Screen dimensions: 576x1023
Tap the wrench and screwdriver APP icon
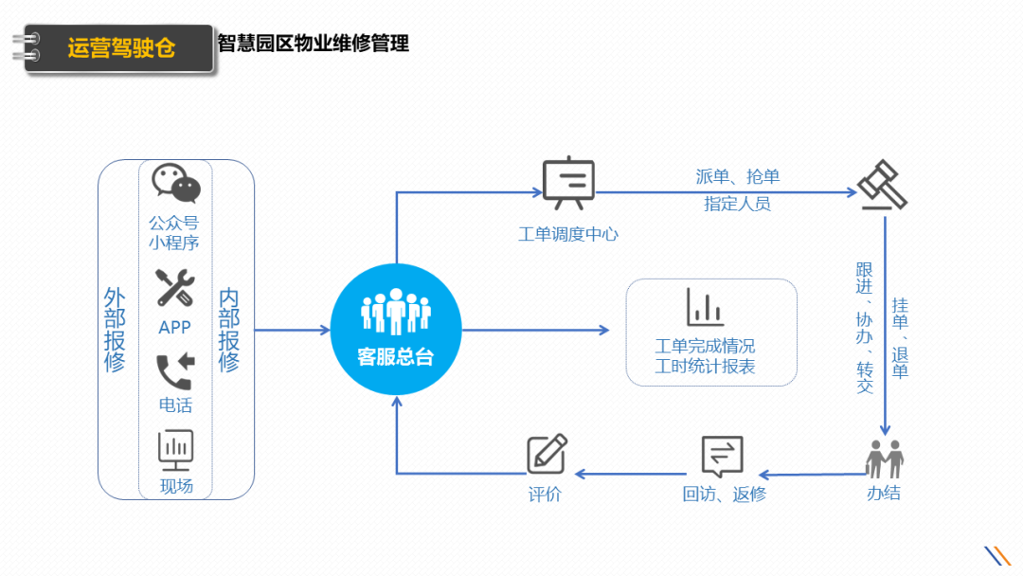pyautogui.click(x=175, y=287)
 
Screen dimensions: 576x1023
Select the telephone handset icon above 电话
pyautogui.click(x=175, y=371)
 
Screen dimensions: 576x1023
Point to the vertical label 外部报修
pyautogui.click(x=115, y=330)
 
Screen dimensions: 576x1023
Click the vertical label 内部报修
pyautogui.click(x=229, y=330)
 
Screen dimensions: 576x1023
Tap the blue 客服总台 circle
pyautogui.click(x=396, y=330)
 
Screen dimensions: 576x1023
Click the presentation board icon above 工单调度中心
pyautogui.click(x=568, y=184)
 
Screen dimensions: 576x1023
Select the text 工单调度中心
pyautogui.click(x=568, y=234)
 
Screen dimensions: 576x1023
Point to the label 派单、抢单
pyautogui.click(x=737, y=176)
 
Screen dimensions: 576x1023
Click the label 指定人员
pyautogui.click(x=737, y=204)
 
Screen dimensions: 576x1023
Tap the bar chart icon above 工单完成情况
pyautogui.click(x=706, y=307)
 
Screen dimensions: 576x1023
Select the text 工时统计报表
pyautogui.click(x=706, y=367)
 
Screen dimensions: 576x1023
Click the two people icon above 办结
pyautogui.click(x=884, y=459)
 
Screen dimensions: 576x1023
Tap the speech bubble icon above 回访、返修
pyautogui.click(x=722, y=457)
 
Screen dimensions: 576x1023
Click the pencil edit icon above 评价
pyautogui.click(x=547, y=454)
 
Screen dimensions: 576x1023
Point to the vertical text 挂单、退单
pyautogui.click(x=900, y=338)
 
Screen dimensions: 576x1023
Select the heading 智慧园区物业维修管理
pyautogui.click(x=314, y=44)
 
